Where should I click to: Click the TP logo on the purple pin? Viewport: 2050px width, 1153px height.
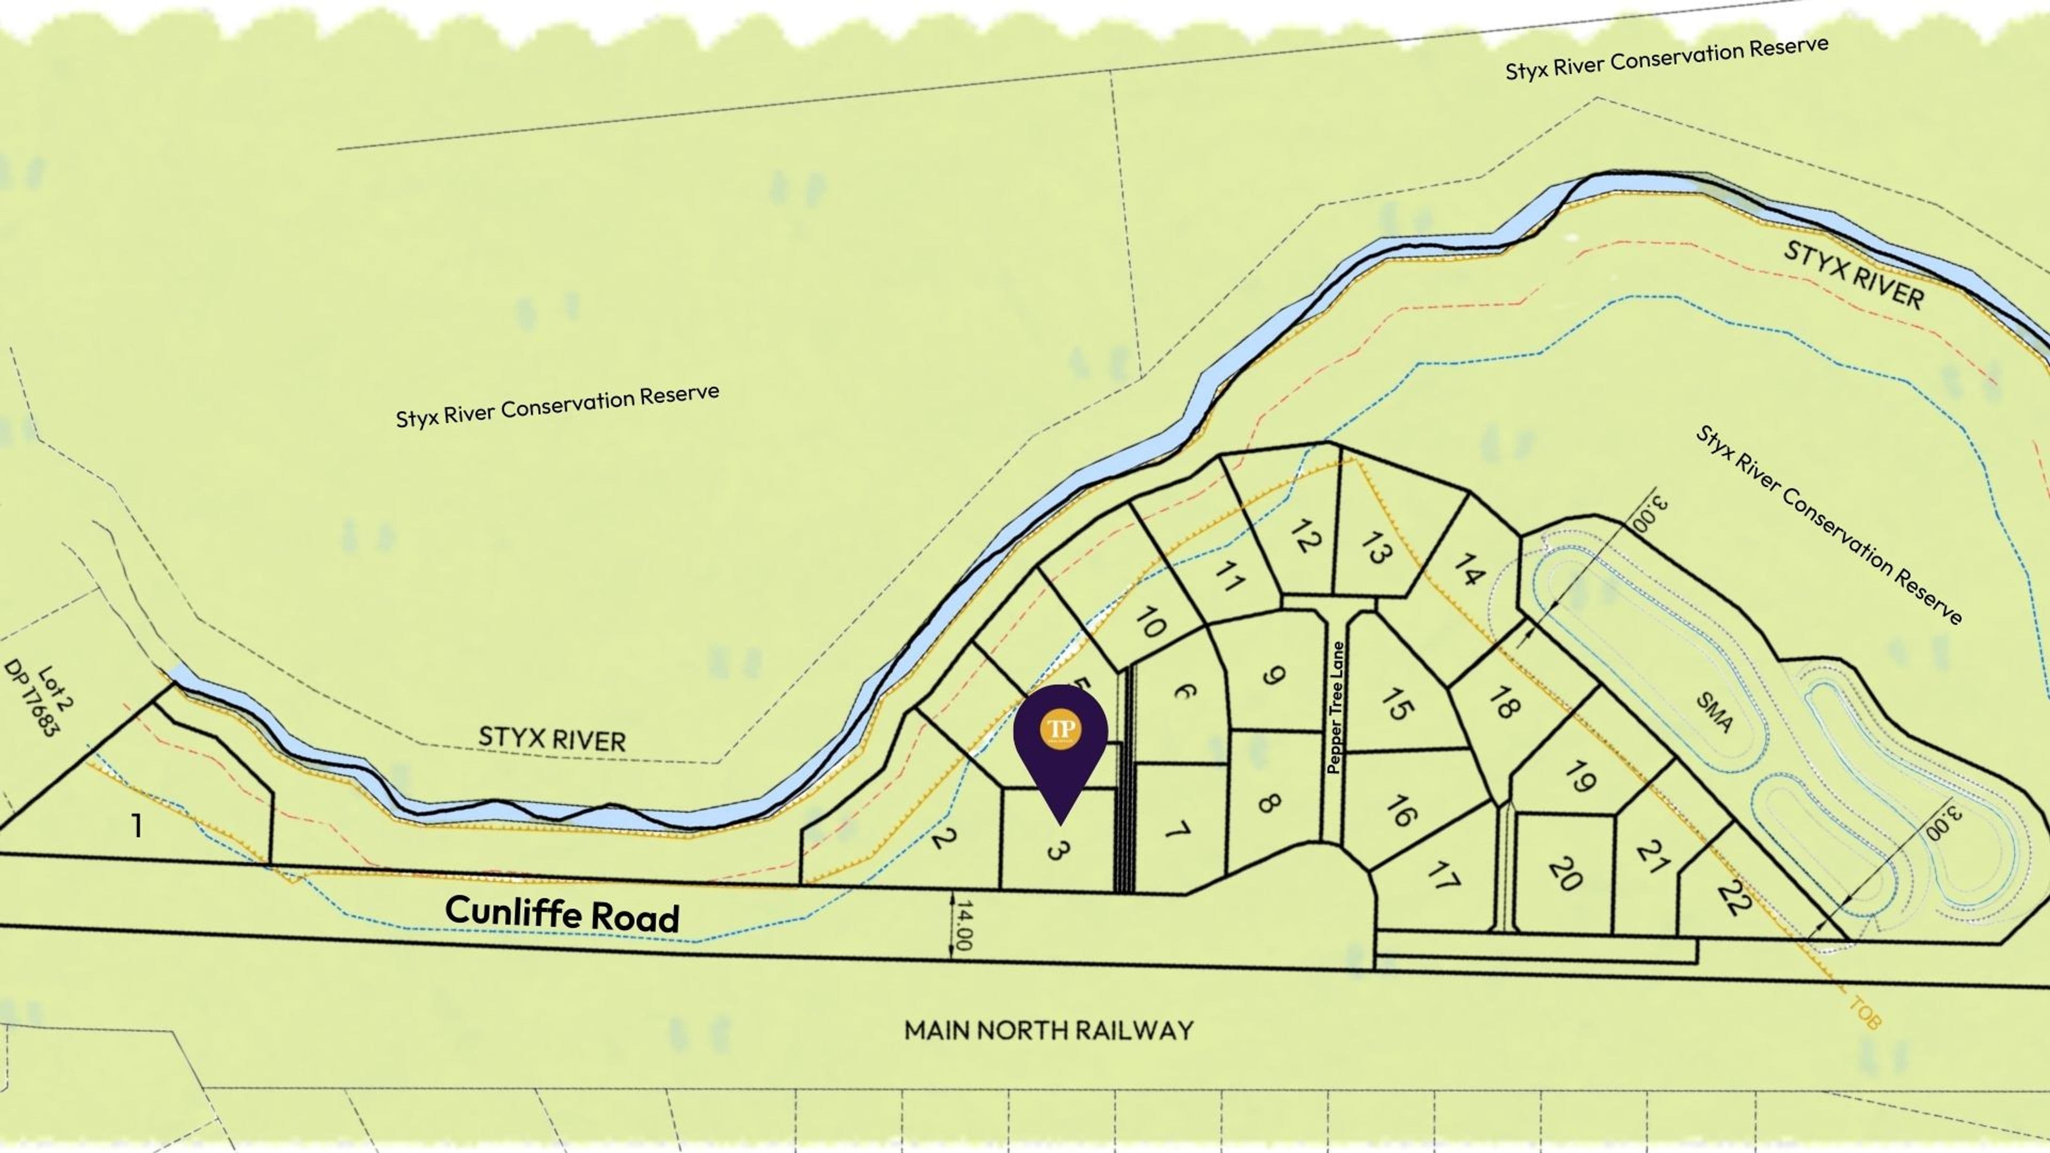pos(1060,728)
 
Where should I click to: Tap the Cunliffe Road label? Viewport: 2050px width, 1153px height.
pos(562,913)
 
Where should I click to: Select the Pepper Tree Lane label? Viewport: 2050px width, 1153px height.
pos(1335,708)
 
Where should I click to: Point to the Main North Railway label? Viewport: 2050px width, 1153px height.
pos(1048,1030)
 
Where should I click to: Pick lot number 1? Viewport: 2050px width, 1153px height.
pos(137,826)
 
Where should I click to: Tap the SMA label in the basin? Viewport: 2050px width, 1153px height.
pos(1714,712)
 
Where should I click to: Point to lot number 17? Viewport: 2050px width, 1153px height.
pos(1442,876)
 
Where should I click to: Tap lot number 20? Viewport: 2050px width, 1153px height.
pos(1565,874)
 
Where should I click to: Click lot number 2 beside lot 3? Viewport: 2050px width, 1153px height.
pos(943,837)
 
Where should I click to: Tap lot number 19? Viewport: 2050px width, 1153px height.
pos(1579,777)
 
